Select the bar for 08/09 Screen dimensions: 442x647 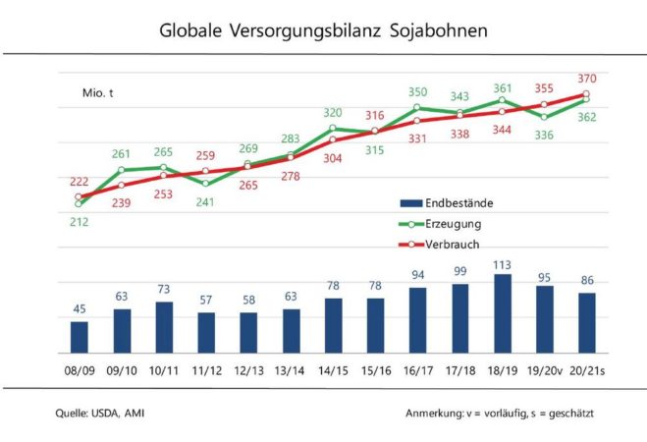(80, 337)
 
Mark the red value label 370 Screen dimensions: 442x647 (587, 78)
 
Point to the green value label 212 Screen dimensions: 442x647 (80, 221)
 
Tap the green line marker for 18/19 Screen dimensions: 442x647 (502, 99)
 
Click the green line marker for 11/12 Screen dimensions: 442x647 (206, 183)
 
